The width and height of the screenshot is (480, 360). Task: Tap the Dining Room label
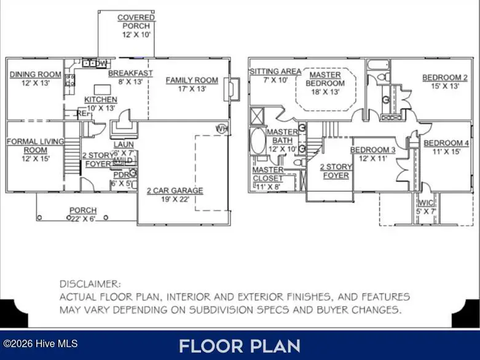(x=35, y=79)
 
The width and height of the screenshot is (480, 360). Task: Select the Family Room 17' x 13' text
(x=192, y=84)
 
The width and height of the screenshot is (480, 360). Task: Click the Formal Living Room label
(x=34, y=149)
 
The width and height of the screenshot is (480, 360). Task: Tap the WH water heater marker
(x=220, y=128)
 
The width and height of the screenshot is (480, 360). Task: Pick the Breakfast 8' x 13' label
(x=130, y=77)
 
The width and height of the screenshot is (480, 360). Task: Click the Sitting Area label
(x=275, y=76)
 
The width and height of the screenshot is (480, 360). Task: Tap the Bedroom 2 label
(x=444, y=82)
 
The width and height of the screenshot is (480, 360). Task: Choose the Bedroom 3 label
(x=372, y=154)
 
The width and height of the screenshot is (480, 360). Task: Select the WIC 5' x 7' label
(x=426, y=207)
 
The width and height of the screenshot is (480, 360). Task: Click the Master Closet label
(x=269, y=174)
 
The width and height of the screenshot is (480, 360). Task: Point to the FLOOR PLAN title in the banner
(x=239, y=345)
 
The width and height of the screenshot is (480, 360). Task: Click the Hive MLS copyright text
(x=40, y=343)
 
